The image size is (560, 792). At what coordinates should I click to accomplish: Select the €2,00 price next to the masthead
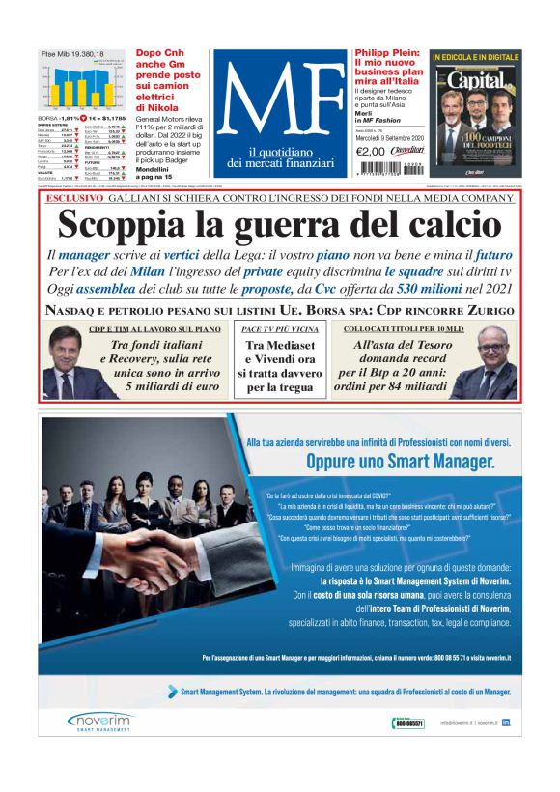tap(370, 150)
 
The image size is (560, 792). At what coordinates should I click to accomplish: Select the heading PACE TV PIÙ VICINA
tap(279, 329)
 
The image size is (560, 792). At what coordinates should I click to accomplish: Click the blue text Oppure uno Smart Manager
tap(400, 462)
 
